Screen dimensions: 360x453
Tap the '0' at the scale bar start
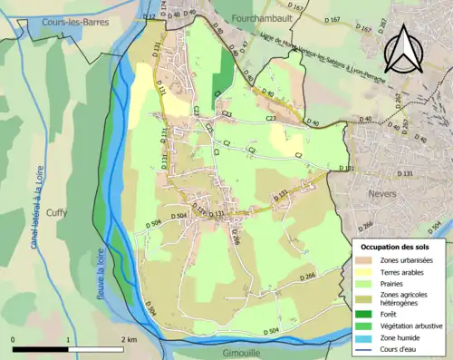[14, 339]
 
